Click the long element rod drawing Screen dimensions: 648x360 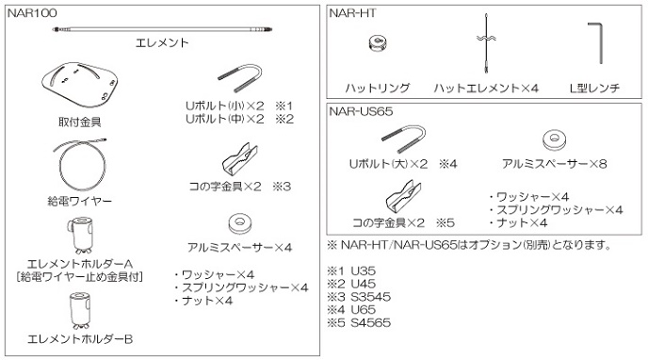tap(161, 30)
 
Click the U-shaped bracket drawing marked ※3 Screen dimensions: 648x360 tap(239, 156)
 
